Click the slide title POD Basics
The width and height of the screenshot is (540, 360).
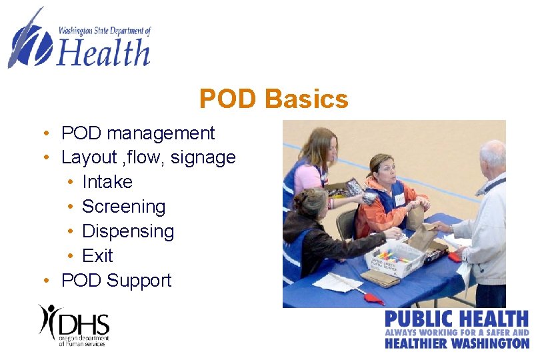click(273, 99)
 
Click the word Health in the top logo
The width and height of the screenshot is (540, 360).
click(103, 53)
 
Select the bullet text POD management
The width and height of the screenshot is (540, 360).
click(138, 133)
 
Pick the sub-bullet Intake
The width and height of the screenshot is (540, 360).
click(107, 182)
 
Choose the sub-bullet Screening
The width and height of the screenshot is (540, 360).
click(123, 207)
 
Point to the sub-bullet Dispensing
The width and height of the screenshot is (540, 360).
click(128, 231)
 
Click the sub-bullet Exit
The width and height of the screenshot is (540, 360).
click(97, 256)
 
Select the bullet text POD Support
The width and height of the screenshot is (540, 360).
click(116, 281)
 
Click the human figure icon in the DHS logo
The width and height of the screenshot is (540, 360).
click(50, 320)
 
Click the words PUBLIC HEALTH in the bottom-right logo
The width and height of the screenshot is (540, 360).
click(457, 319)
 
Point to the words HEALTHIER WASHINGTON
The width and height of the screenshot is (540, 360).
click(457, 343)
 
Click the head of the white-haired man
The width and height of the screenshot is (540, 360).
click(492, 156)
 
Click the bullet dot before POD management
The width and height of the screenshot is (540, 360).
click(43, 133)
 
